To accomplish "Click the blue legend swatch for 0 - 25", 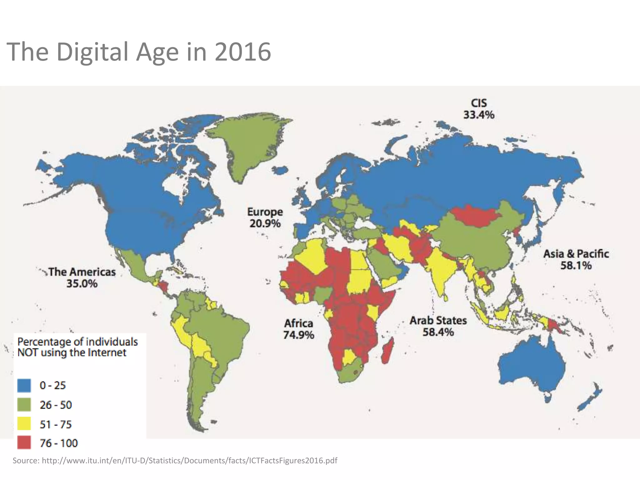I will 24,385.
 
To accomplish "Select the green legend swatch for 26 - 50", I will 24,405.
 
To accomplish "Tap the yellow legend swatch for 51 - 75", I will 24,424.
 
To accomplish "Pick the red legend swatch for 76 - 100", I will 24,443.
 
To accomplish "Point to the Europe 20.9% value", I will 265,224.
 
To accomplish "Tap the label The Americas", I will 82,272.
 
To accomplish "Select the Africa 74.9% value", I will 298,335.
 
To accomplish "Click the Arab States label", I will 438,321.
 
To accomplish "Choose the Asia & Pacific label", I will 576,254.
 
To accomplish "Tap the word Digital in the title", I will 92,52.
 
